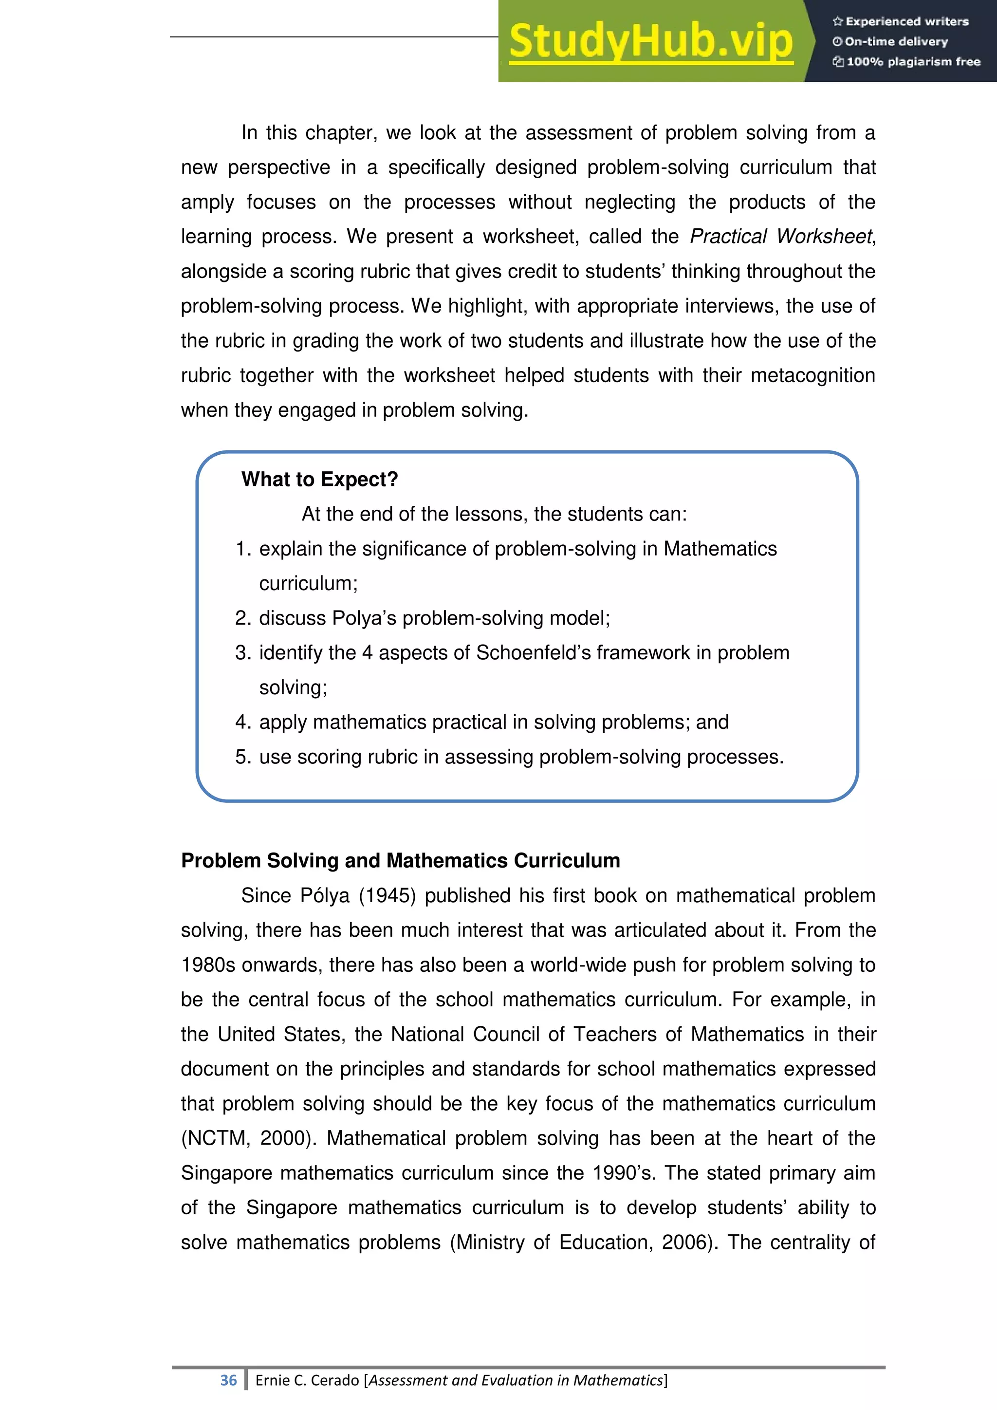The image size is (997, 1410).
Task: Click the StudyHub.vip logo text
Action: pos(651,42)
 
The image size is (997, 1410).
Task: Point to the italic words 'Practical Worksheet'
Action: pos(781,237)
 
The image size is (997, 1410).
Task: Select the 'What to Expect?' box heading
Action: pos(319,479)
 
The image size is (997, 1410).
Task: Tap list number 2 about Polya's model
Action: pos(243,618)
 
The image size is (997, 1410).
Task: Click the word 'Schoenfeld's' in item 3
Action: pos(533,652)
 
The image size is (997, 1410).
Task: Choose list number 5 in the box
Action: pos(243,757)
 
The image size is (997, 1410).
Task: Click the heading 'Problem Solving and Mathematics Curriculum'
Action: pos(400,860)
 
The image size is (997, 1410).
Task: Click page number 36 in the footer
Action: pos(228,1380)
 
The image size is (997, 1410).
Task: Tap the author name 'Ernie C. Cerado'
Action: pos(307,1380)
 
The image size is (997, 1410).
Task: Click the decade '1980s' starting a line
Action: pos(208,965)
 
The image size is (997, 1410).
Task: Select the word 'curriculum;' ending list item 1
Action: pos(308,583)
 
